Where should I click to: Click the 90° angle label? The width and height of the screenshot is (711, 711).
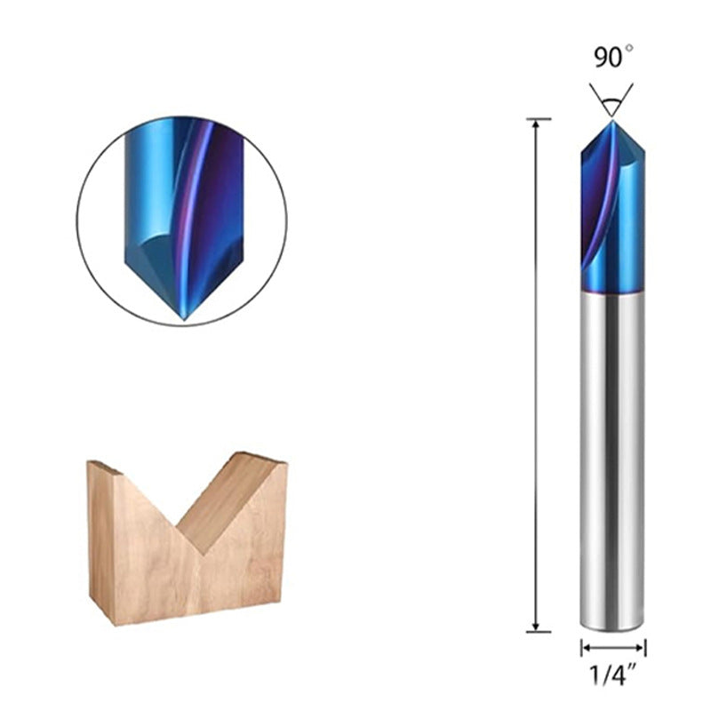pos(612,58)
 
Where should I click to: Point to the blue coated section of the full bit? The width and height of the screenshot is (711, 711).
pos(613,213)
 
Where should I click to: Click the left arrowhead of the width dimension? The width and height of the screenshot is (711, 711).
pos(585,648)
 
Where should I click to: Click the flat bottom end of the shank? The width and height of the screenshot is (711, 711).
pos(613,629)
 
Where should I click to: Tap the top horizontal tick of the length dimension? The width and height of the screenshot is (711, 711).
pos(539,119)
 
